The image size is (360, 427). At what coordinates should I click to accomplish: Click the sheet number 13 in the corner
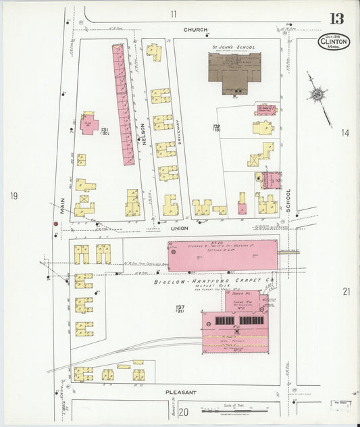click(x=336, y=19)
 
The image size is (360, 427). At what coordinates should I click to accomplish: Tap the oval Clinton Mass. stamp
click(x=333, y=43)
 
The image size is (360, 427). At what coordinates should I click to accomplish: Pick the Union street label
click(x=180, y=228)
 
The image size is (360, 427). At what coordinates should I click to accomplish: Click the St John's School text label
click(x=232, y=47)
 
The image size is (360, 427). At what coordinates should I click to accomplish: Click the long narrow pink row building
click(x=124, y=105)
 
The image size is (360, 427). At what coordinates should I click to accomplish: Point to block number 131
click(x=105, y=129)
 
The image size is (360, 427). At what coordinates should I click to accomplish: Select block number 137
click(x=180, y=307)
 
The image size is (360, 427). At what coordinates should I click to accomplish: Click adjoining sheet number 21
click(x=346, y=291)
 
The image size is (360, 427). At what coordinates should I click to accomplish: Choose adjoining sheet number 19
click(x=13, y=197)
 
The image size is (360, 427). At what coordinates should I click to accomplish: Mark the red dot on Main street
click(x=55, y=224)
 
